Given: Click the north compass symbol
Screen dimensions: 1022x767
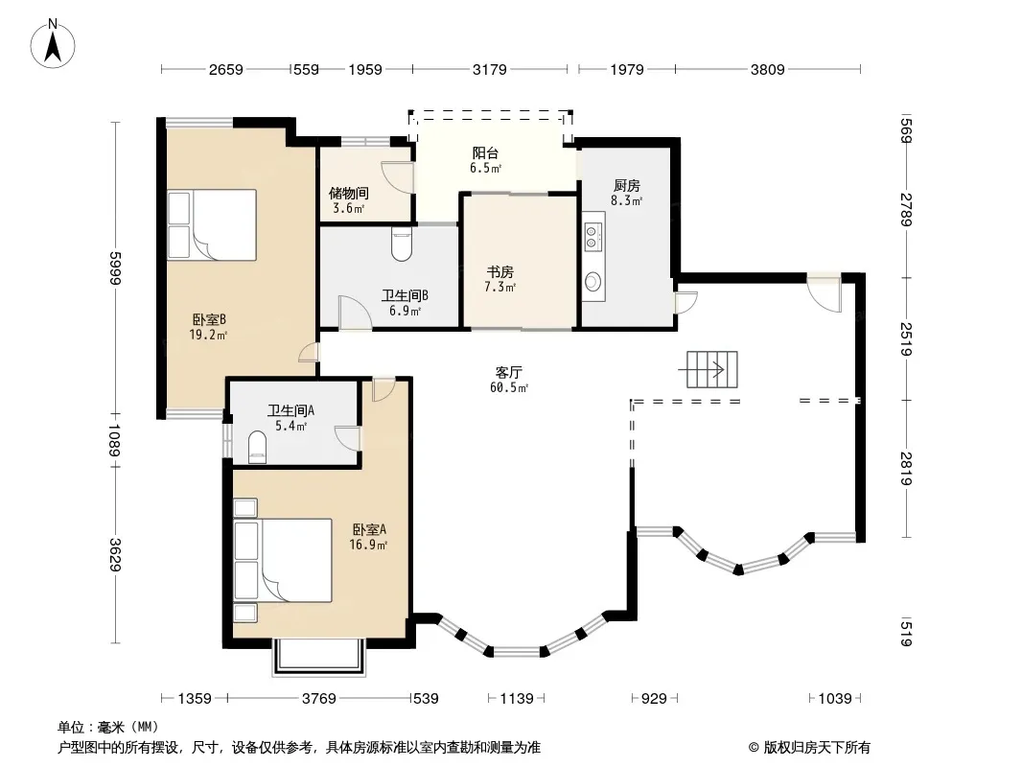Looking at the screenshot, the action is point(53,43).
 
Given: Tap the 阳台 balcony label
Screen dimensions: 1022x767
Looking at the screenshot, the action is point(485,153).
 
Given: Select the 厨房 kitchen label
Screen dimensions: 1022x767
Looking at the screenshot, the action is point(626,186).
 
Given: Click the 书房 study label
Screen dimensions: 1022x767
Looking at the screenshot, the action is point(499,271).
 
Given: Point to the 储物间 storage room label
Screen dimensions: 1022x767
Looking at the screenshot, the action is point(349,193).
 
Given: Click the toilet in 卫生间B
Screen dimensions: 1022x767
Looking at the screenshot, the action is point(402,244).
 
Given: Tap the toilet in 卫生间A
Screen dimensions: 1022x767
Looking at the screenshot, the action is point(258,449).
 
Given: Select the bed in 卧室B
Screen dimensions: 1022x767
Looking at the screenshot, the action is point(212,224).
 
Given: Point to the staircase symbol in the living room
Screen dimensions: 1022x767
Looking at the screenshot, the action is point(711,369).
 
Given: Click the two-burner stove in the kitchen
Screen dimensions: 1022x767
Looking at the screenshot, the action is point(592,236).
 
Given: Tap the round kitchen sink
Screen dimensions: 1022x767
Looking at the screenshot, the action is point(592,282).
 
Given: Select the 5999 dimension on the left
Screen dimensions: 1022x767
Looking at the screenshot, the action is point(116,267).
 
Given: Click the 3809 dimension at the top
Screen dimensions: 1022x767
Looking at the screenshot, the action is point(767,69).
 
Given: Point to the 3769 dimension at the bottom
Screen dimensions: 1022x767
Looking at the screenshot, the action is point(319,699).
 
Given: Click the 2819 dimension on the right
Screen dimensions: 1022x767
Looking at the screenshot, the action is point(905,469).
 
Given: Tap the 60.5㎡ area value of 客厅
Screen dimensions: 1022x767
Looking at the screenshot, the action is point(509,387).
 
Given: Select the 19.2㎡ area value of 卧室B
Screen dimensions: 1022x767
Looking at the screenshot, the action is point(208,335).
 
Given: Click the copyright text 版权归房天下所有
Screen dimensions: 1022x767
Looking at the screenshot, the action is point(817,748).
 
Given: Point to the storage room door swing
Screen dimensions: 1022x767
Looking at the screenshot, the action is point(396,176).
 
